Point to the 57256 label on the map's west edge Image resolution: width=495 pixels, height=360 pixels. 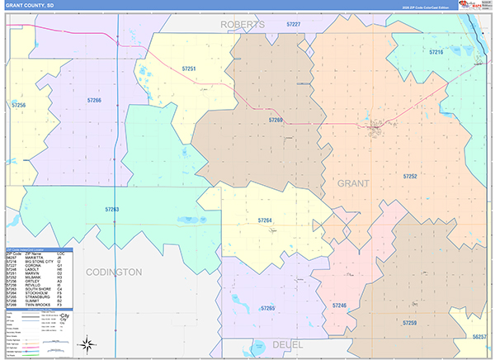pos(18,106)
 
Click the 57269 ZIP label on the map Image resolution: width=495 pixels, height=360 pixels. pos(276,121)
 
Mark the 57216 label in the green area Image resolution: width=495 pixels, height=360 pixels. pos(436,52)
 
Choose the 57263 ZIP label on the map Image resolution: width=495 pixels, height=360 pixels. pos(112,209)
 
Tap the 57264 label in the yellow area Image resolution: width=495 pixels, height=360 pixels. pos(265,220)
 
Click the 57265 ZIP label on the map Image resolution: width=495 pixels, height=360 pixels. pos(267,308)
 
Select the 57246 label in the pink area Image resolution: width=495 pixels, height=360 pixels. pos(339,306)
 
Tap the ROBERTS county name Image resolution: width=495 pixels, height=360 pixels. pos(243,25)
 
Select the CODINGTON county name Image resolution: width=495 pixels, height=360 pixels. pos(114,272)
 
